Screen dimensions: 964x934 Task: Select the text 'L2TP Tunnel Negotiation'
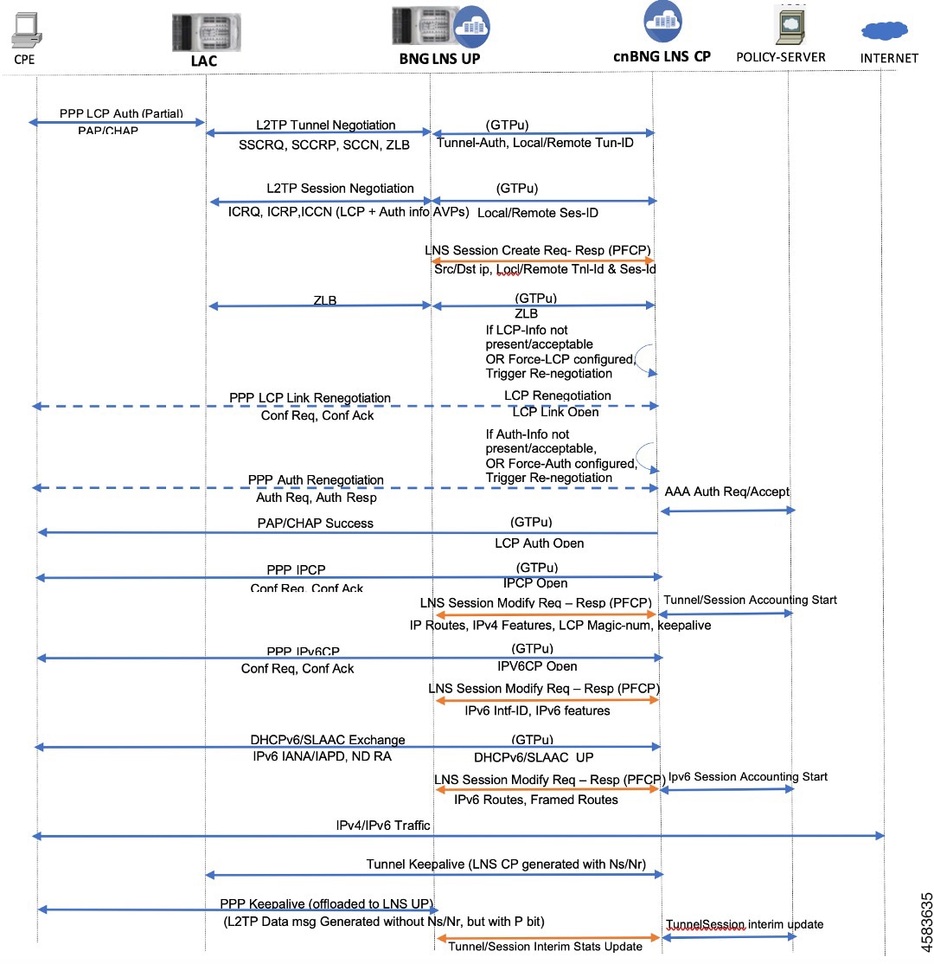(325, 125)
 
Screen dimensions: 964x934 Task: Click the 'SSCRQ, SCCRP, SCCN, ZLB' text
(323, 145)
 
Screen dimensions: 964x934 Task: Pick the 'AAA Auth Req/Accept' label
(726, 492)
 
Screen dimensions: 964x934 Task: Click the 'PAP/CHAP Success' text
(315, 523)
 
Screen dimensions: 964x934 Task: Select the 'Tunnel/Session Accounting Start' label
(750, 600)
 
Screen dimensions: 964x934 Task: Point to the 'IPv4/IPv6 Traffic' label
(383, 825)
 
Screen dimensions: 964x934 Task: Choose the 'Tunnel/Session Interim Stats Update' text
(545, 946)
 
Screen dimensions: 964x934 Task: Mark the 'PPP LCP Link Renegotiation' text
(310, 398)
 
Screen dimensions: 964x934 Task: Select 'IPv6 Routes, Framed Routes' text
(535, 800)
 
